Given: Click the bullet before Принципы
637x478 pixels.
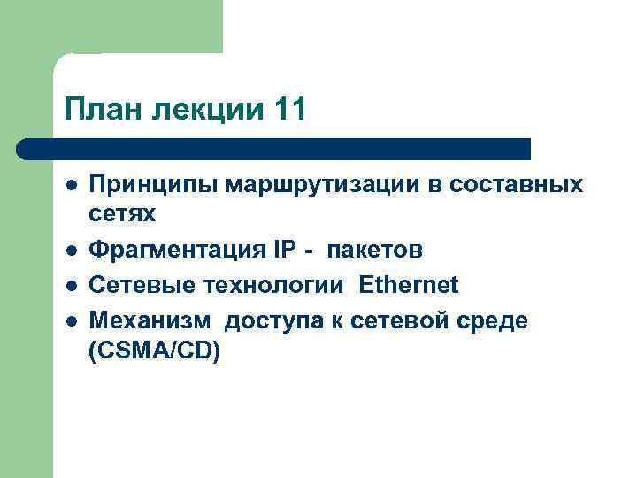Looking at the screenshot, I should pos(70,185).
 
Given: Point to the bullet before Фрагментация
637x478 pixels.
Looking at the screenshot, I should pos(70,251).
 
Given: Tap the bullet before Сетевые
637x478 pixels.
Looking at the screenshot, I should pos(70,285).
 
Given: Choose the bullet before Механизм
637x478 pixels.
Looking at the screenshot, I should pos(70,319).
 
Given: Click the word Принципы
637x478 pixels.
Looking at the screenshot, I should pos(152,185).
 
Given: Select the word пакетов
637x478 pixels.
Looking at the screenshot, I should pos(375,251).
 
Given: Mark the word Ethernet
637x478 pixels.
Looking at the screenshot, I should pos(409,284).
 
